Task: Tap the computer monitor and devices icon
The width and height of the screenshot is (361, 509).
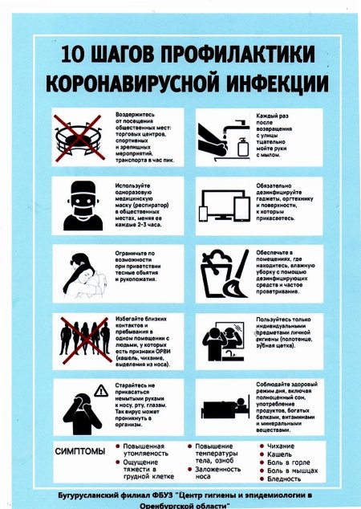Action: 225,205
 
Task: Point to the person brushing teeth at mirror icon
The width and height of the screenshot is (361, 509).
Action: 225,342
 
